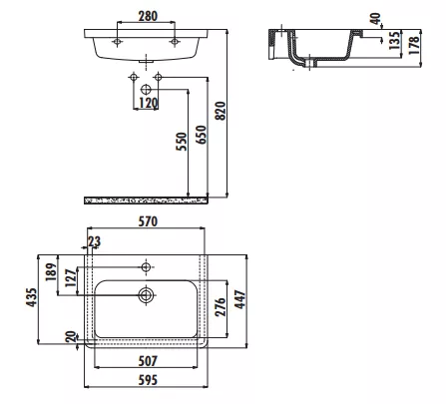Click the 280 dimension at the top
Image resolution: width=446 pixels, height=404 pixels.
tap(148, 16)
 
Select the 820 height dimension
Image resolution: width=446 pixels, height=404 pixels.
tap(221, 111)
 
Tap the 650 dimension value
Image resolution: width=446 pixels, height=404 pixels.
tap(202, 135)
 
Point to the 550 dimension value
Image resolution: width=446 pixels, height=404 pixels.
tap(182, 142)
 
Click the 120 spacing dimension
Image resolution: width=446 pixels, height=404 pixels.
tap(148, 103)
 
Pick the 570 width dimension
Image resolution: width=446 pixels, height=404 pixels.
tap(148, 221)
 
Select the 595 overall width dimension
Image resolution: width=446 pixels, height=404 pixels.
tap(148, 380)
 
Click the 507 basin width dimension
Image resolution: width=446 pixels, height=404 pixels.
tap(148, 361)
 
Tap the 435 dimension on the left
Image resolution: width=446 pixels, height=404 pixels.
tap(32, 297)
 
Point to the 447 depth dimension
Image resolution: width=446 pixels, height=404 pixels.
tap(240, 299)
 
